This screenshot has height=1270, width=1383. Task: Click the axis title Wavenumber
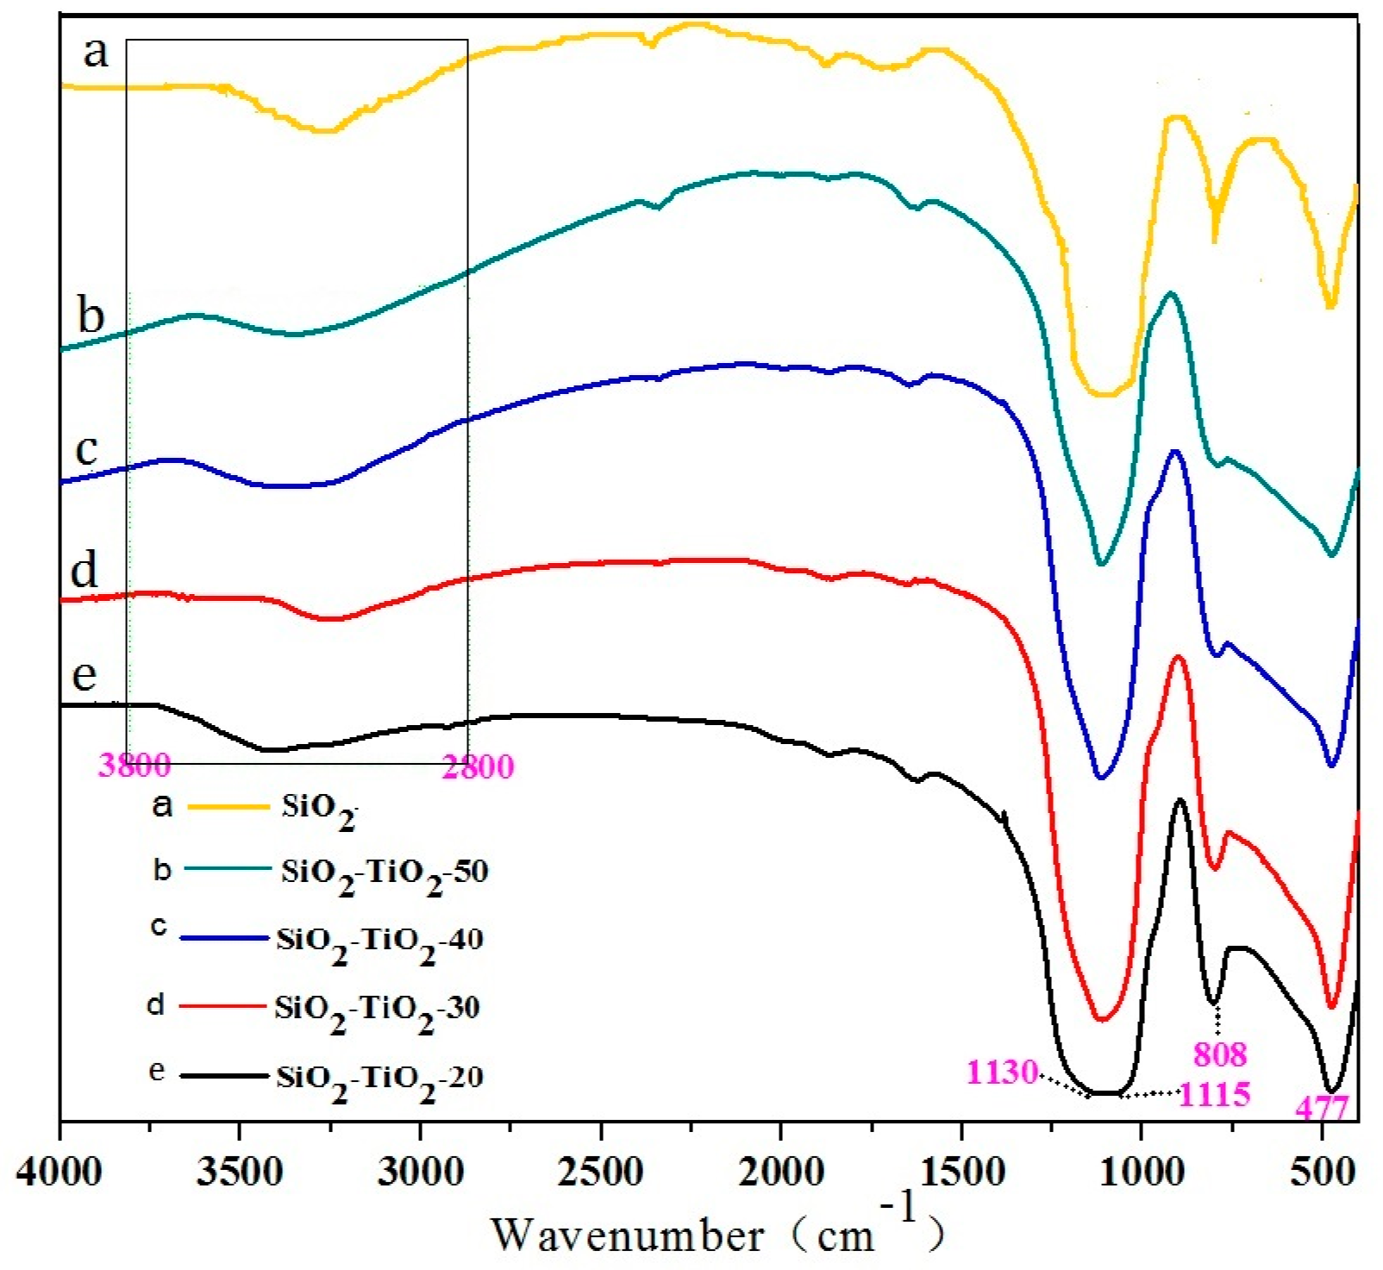tap(627, 1235)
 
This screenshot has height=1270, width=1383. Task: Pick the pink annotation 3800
tap(135, 765)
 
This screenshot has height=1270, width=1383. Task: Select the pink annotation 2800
tap(478, 766)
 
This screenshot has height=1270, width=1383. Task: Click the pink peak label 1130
tap(1002, 1072)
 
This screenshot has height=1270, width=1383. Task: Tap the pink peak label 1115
tap(1214, 1095)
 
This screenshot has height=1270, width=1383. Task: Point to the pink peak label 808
tap(1219, 1054)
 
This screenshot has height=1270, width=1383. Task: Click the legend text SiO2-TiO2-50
tap(385, 873)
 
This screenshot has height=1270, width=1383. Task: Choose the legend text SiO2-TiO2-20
tap(379, 1078)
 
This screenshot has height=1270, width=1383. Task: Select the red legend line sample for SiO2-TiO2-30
tap(221, 1006)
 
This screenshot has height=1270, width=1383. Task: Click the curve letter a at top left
tap(96, 52)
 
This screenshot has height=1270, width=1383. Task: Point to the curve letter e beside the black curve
tap(84, 674)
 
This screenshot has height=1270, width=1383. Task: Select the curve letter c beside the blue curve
tap(86, 449)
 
